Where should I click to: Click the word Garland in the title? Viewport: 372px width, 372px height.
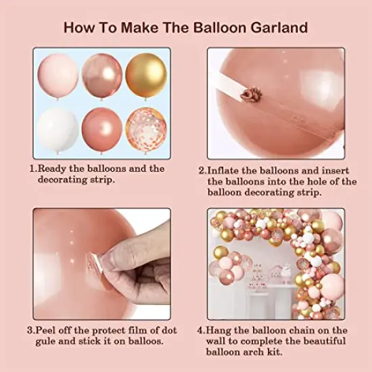pyautogui.click(x=277, y=28)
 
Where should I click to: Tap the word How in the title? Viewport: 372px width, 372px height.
pyautogui.click(x=80, y=28)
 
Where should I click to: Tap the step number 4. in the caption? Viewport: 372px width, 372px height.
pyautogui.click(x=202, y=331)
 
